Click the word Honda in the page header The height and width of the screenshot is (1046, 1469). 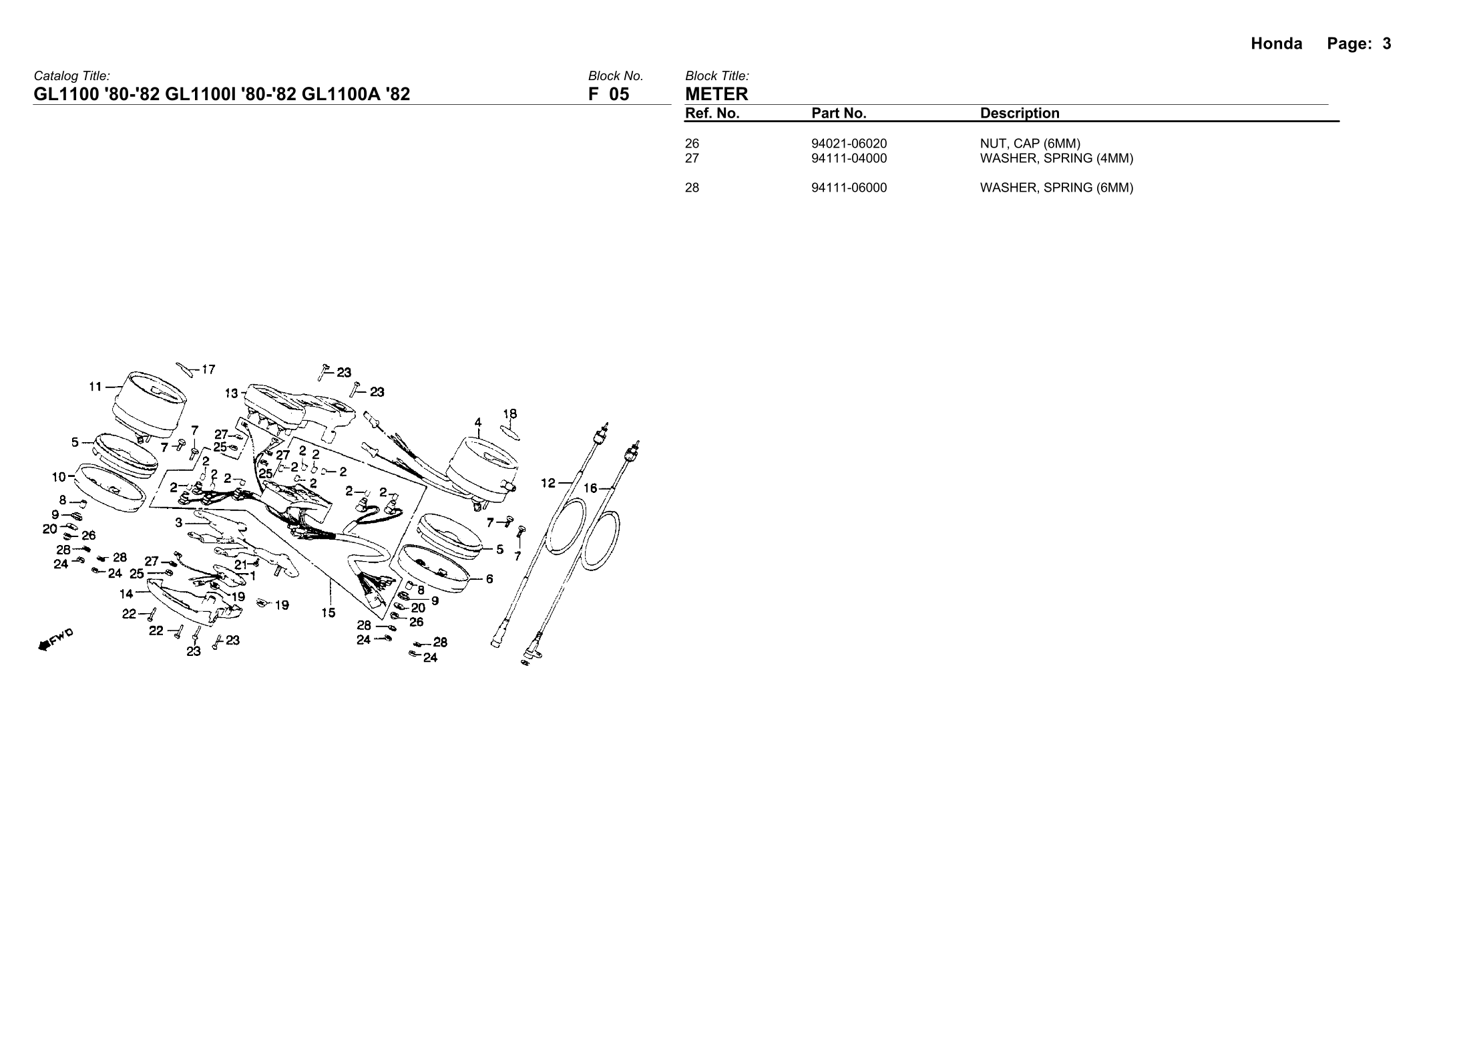point(1276,44)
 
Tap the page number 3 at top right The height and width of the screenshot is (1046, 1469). point(1387,44)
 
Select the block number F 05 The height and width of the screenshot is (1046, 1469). point(608,94)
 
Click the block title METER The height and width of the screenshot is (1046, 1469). point(716,94)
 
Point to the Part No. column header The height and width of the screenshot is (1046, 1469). point(839,114)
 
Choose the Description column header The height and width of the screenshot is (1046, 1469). point(1020,114)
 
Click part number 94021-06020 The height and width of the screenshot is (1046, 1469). point(849,144)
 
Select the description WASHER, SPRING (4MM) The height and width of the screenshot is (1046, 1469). point(1056,158)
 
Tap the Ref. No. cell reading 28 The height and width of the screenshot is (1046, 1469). point(692,188)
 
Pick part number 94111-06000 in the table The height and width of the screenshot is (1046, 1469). point(849,188)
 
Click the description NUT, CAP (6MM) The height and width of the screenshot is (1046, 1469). point(1030,144)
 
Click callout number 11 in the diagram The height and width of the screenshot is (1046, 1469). point(95,386)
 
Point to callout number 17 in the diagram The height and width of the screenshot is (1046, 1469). point(208,369)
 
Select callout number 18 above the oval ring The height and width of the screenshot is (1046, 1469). point(509,414)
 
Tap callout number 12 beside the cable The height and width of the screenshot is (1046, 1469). point(548,482)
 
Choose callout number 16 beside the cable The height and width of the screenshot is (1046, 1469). point(590,488)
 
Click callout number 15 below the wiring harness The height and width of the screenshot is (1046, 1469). point(328,612)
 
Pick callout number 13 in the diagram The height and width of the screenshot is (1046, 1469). point(231,393)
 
